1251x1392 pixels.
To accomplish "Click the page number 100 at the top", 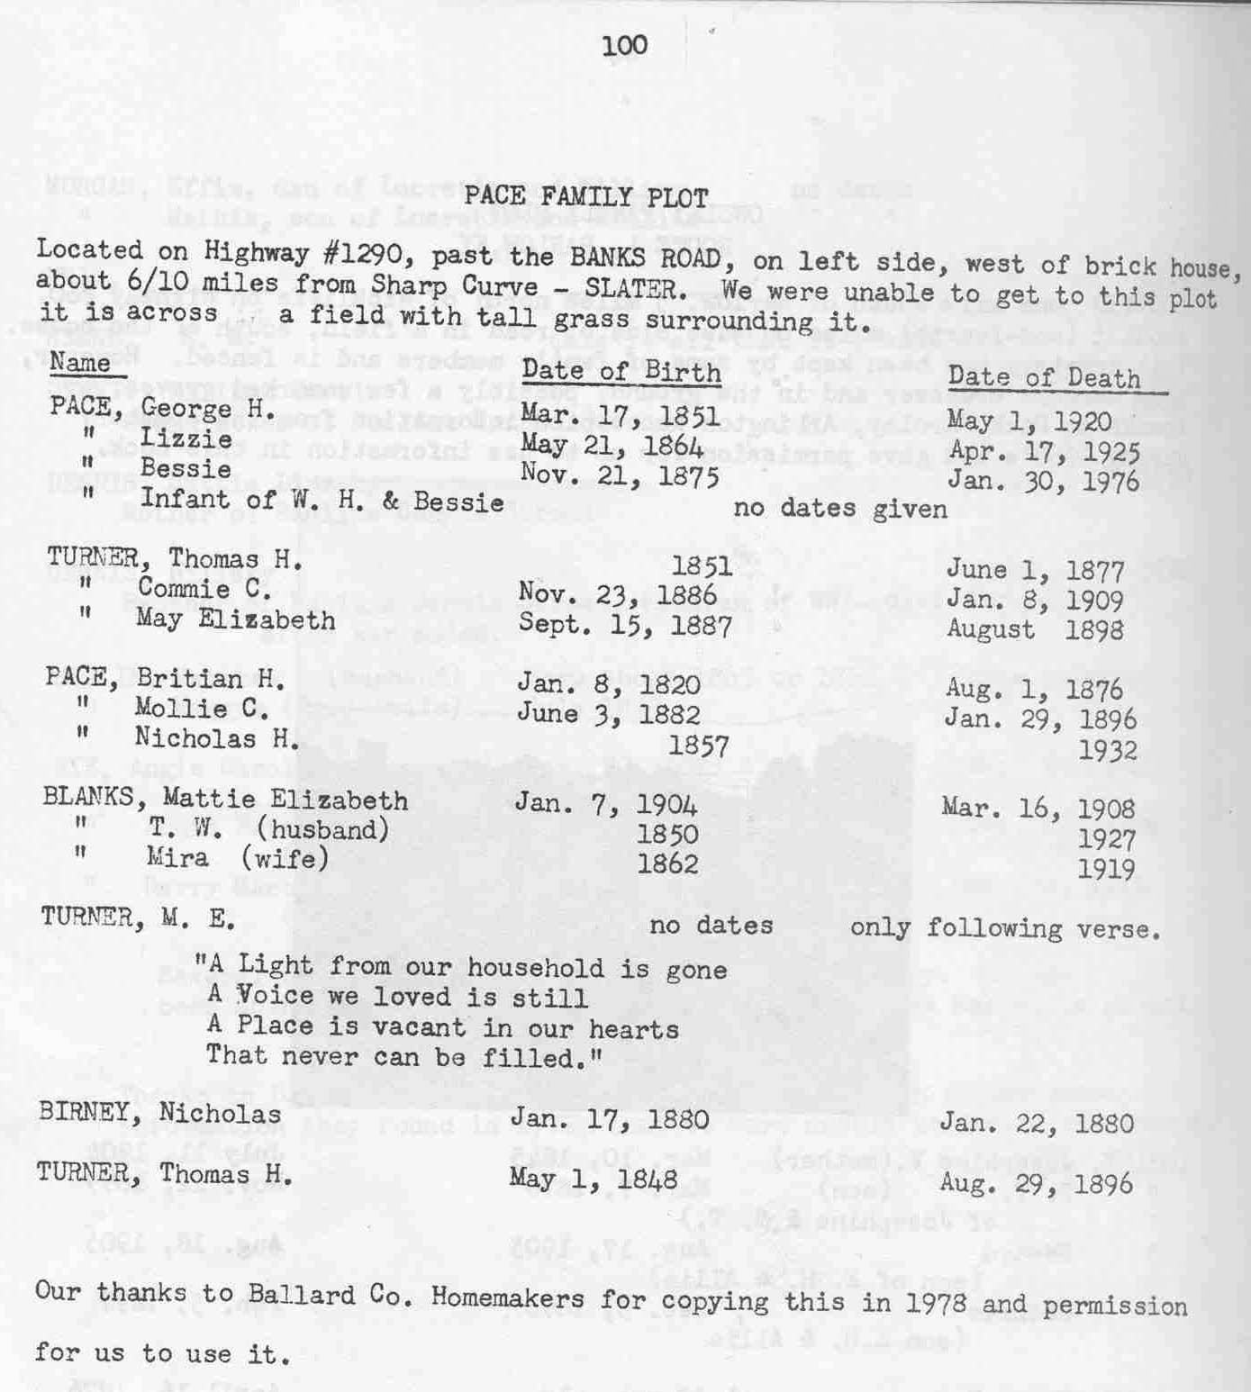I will coord(624,45).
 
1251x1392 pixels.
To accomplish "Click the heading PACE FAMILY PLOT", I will coord(586,197).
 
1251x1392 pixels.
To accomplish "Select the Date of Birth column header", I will coord(621,371).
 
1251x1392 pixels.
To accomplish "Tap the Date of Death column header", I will coord(1044,378).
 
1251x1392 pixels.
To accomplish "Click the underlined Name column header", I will coord(80,363).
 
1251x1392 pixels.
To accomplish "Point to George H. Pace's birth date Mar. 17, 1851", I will coord(620,415).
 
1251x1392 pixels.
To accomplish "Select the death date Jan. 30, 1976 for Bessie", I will coord(1042,481).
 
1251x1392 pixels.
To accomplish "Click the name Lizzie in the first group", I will coord(186,439).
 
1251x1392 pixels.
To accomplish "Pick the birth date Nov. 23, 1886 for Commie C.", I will coord(617,594).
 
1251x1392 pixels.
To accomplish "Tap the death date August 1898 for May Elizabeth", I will coord(1034,628).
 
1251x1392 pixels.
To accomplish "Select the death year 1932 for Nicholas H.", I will coord(1107,750).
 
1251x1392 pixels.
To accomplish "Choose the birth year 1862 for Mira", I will coord(666,864).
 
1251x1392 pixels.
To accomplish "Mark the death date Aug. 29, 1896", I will coord(1035,1183).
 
